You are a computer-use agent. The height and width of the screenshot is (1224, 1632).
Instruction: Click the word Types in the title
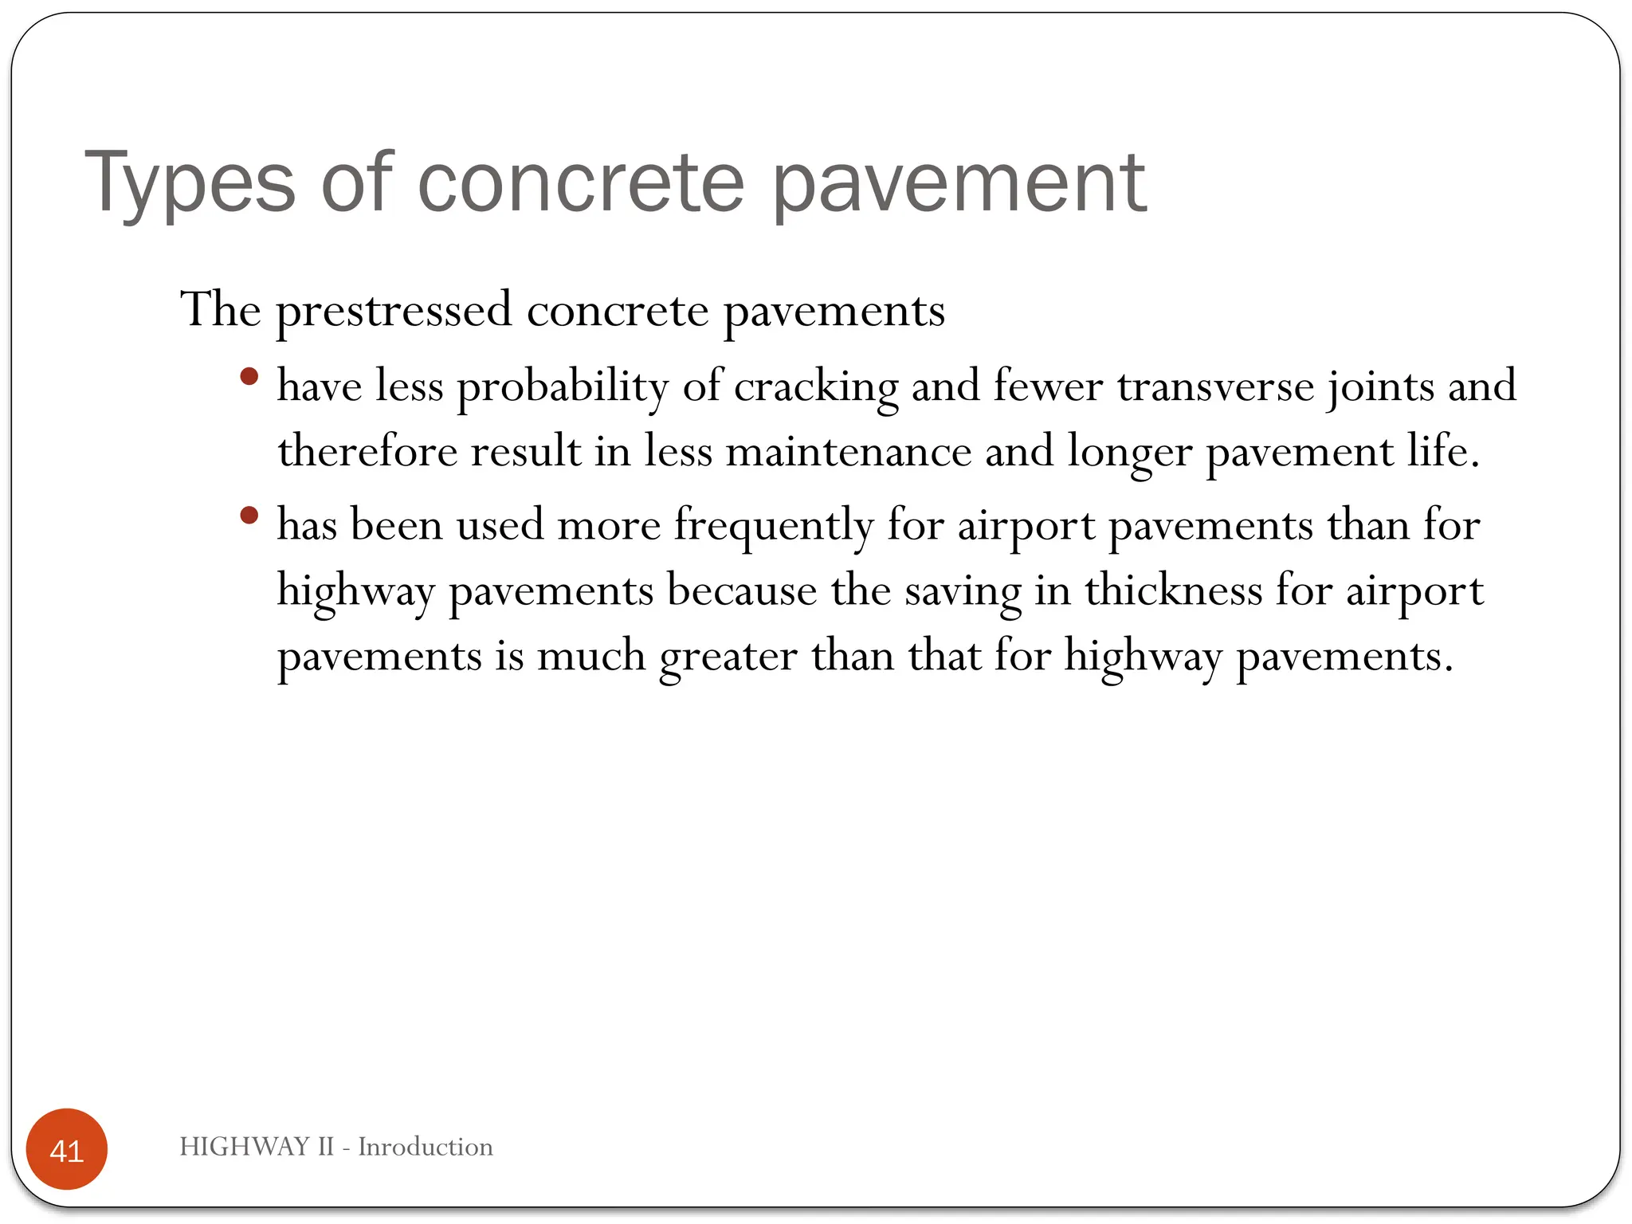pyautogui.click(x=190, y=183)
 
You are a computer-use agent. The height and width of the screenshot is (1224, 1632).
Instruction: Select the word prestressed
pyautogui.click(x=394, y=311)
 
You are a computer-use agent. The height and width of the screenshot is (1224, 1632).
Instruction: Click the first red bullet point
pyautogui.click(x=249, y=376)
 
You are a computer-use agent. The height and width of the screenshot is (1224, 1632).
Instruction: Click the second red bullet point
pyautogui.click(x=249, y=516)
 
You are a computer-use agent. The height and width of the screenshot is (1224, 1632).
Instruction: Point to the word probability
pyautogui.click(x=563, y=387)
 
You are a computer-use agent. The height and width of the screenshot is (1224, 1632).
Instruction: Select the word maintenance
pyautogui.click(x=849, y=451)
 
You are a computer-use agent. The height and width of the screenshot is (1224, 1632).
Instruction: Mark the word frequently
pyautogui.click(x=774, y=526)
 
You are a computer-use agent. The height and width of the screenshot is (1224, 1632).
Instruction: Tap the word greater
pyautogui.click(x=728, y=657)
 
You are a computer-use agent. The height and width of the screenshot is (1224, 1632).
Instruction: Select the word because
pyautogui.click(x=742, y=590)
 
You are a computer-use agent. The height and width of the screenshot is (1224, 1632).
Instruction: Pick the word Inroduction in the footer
pyautogui.click(x=426, y=1147)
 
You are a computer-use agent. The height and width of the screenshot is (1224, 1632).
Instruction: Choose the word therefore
pyautogui.click(x=367, y=451)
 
